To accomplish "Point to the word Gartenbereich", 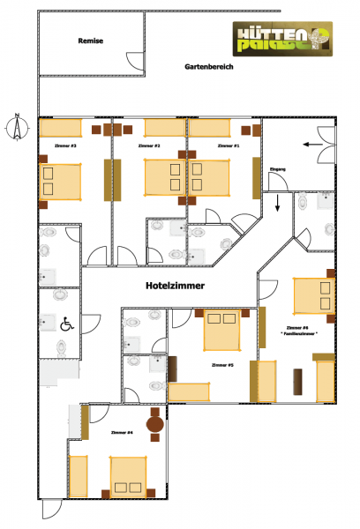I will (209, 67).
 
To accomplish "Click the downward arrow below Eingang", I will (278, 205).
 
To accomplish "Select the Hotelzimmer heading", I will (176, 287).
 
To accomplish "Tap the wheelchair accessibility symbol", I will (65, 324).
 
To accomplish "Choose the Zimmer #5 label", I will (222, 364).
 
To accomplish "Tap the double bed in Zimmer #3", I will (59, 182).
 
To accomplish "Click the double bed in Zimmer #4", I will (132, 476).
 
